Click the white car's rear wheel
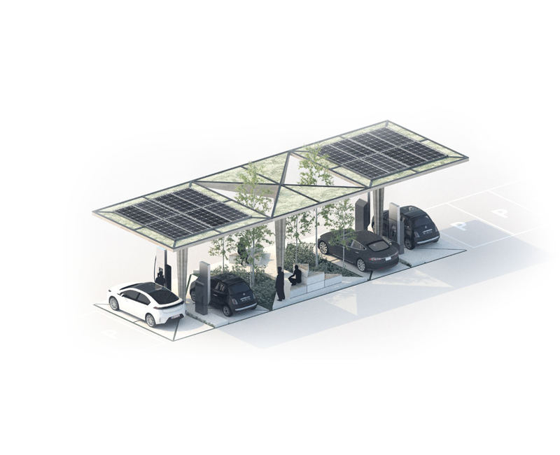150,321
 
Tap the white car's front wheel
114,304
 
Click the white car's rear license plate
176,316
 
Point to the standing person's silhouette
281,285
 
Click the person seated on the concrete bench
295,275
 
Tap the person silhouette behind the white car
160,278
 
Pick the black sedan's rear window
377,246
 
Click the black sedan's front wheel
324,248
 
